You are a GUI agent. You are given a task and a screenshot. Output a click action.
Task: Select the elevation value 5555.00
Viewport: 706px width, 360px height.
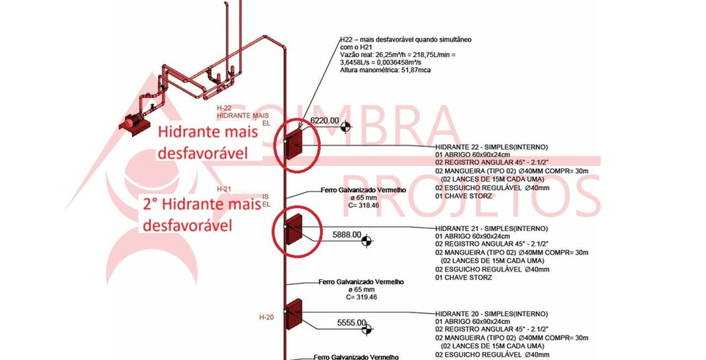click(x=352, y=323)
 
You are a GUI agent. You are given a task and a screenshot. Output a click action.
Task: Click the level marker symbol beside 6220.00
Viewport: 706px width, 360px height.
click(x=347, y=127)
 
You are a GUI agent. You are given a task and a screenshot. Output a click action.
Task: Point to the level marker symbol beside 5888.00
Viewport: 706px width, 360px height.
click(x=367, y=241)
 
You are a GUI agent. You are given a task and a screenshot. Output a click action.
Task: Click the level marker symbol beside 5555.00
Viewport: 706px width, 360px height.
click(x=367, y=329)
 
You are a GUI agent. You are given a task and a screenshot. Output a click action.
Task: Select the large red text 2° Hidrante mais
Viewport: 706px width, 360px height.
click(x=197, y=206)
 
